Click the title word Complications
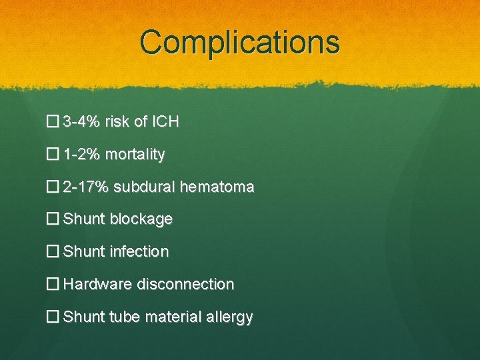pos(240,42)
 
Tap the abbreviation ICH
pos(165,122)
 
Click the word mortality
pos(134,155)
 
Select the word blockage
pos(141,219)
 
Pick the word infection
pos(139,252)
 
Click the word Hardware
pos(97,285)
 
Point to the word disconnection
pos(185,285)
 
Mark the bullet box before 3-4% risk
pos(53,122)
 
